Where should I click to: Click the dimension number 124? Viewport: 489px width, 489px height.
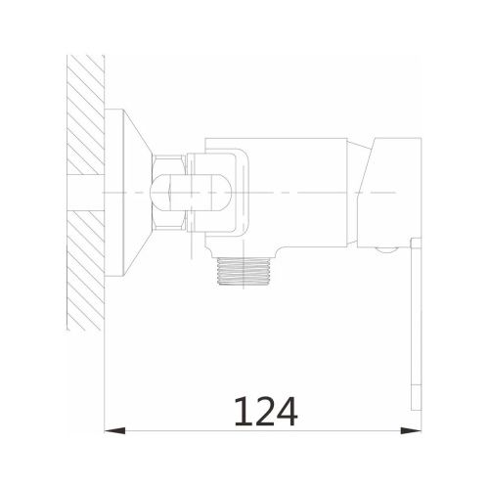[x=266, y=411]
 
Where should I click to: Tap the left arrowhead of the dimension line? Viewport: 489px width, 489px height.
[x=114, y=430]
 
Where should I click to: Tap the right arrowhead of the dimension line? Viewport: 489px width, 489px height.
[x=411, y=430]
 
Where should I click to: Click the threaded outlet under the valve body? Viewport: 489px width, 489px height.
[x=244, y=271]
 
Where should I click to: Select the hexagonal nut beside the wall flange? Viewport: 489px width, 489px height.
[x=169, y=193]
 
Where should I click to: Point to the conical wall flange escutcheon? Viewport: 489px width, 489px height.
[x=137, y=193]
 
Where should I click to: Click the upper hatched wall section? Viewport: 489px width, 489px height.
[x=85, y=114]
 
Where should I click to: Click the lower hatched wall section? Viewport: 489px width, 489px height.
[x=85, y=270]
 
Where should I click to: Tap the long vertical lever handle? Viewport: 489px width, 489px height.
[x=417, y=325]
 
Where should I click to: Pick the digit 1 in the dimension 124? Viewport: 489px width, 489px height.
[x=243, y=411]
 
